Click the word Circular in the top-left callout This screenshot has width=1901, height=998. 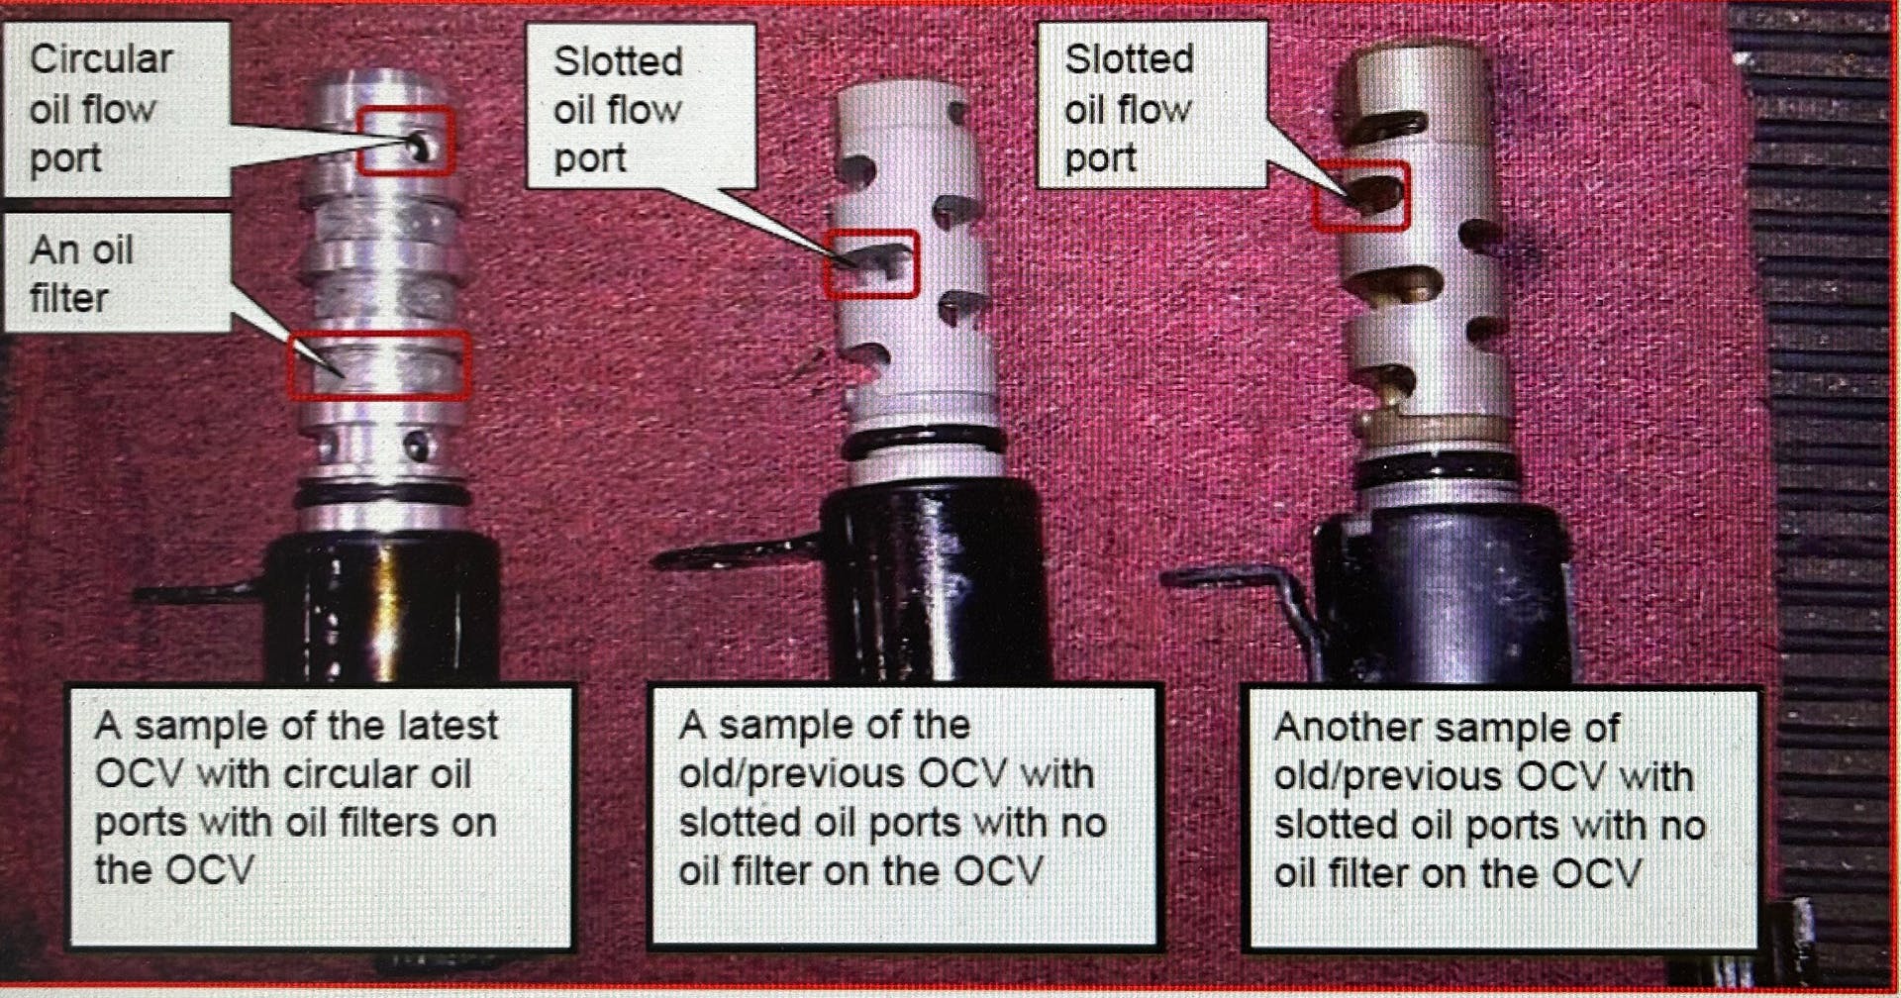(101, 59)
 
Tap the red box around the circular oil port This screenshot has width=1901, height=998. (405, 141)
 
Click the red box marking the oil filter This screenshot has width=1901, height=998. (377, 365)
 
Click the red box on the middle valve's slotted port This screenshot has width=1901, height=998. (871, 263)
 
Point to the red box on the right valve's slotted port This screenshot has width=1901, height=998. (1360, 196)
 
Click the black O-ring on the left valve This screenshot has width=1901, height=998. (381, 493)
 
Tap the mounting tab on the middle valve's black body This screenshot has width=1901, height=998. (733, 553)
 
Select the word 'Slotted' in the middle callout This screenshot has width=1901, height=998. (618, 61)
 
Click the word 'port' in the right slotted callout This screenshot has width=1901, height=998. (1099, 157)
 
